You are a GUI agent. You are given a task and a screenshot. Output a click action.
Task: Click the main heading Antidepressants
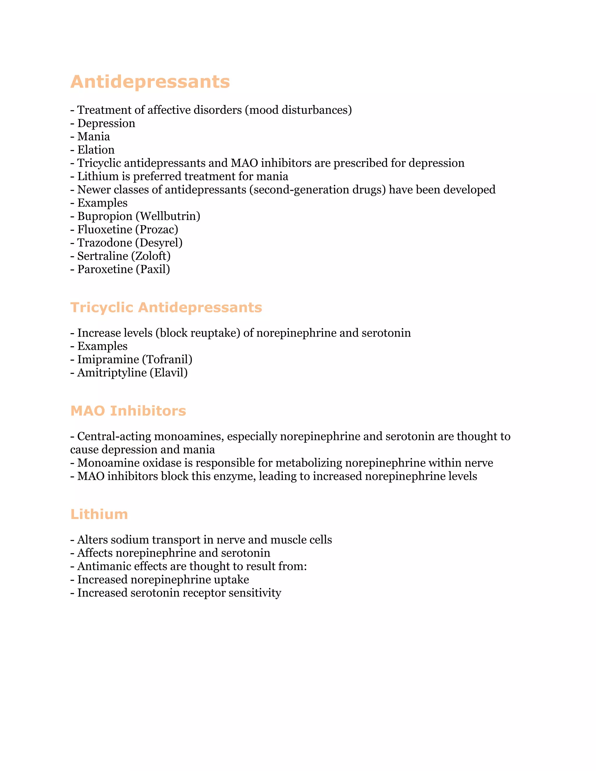pos(150,82)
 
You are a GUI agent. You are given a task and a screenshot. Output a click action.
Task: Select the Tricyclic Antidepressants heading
pos(166,308)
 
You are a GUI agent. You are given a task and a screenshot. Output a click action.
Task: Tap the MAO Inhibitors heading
pos(128,411)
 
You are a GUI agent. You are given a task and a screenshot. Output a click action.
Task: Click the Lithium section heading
pos(99,514)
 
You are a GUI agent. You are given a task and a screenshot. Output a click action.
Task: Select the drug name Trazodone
pos(104,243)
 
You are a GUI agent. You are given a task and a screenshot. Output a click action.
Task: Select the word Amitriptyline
pos(112,373)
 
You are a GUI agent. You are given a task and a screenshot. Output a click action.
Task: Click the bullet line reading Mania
pos(93,137)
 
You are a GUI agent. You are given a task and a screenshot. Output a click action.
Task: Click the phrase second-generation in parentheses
pos(301,190)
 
